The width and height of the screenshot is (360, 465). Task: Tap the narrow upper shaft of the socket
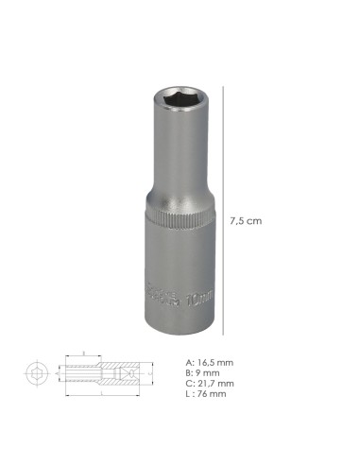click(x=177, y=151)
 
